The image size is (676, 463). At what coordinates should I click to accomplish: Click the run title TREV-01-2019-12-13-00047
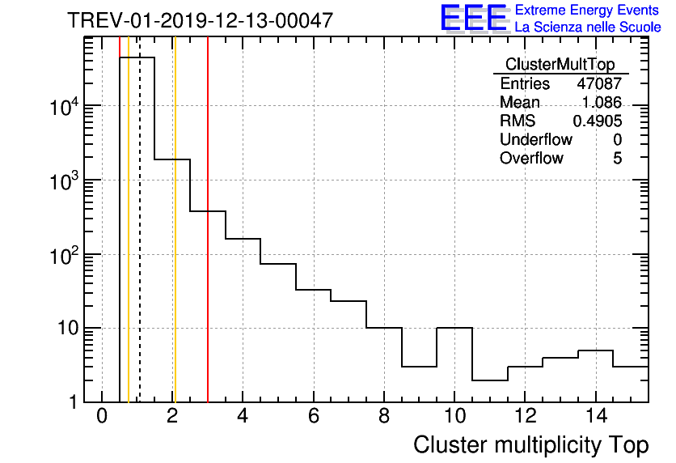pos(200,20)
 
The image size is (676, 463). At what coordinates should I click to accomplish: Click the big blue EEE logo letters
pos(472,19)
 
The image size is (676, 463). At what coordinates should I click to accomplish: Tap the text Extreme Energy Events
pos(587,11)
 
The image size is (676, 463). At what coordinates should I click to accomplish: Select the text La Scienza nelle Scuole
pos(588,28)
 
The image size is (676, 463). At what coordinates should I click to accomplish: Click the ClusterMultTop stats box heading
pos(560,65)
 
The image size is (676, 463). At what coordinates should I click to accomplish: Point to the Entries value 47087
pos(599,83)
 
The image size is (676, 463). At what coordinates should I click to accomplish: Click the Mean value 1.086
pos(602,102)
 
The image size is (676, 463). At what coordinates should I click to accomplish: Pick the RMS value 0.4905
pos(598,121)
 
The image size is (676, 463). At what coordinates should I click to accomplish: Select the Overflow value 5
pos(617,158)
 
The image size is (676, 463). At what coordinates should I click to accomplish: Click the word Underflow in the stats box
pos(535,139)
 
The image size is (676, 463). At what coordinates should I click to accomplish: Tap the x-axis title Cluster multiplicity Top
pos(530,444)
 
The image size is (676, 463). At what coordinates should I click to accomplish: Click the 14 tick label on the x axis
pos(595,417)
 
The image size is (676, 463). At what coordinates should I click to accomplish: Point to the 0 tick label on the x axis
pos(102,417)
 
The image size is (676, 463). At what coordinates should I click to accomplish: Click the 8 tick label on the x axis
pos(384,417)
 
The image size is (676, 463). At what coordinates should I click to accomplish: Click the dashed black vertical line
pos(140,243)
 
